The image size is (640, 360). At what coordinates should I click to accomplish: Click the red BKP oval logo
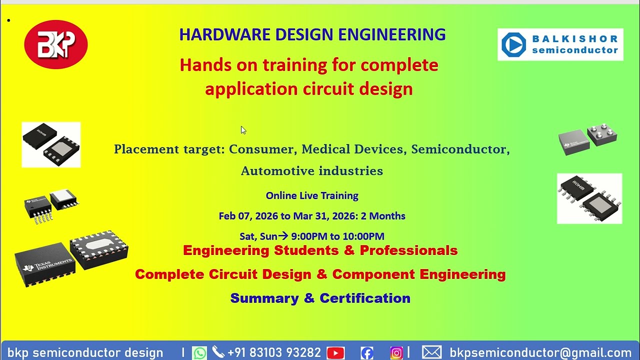pos(56,44)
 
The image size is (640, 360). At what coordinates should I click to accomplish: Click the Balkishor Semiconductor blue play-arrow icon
pos(513,45)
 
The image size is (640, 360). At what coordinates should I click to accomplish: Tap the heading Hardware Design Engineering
pos(312,34)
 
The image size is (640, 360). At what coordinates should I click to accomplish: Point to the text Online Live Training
pos(312,195)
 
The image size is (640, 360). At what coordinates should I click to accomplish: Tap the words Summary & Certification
pos(320,298)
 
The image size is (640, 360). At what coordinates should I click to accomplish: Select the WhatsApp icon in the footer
pos(199,353)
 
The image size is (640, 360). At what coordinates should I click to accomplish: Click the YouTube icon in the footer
pos(335,353)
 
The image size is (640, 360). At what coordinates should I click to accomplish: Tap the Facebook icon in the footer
pos(367,353)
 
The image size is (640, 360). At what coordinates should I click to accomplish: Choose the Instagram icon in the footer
pos(396,353)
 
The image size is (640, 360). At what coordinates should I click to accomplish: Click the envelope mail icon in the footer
pos(431,352)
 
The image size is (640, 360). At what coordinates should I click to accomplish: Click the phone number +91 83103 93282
pos(274,353)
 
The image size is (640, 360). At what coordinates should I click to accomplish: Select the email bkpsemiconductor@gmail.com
pos(540,353)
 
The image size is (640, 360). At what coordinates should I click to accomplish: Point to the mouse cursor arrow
pos(243,130)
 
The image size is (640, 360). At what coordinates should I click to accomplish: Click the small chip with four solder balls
pos(602,134)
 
